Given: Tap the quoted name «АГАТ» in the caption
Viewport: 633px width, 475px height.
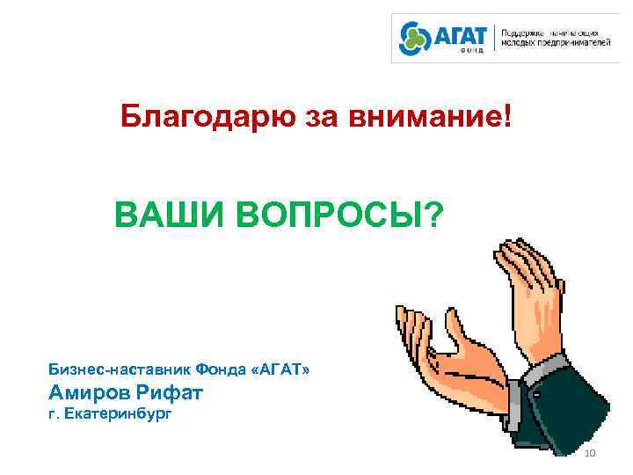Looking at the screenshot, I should click(x=280, y=370).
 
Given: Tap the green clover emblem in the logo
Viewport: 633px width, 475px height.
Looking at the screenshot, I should click(x=412, y=39).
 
